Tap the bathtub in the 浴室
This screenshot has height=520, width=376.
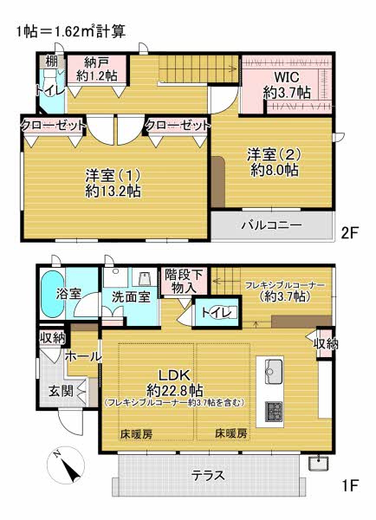click(52, 294)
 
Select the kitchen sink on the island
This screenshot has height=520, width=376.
click(274, 371)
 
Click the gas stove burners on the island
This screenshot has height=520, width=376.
click(274, 412)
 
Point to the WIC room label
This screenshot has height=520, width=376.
click(287, 77)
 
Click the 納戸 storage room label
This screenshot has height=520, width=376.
click(97, 62)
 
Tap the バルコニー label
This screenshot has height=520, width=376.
click(271, 225)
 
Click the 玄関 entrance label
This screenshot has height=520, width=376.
click(61, 391)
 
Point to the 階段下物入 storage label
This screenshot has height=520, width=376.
click(184, 281)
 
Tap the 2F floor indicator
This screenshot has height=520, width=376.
click(350, 233)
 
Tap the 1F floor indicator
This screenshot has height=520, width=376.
click(350, 486)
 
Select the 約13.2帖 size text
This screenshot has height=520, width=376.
click(113, 192)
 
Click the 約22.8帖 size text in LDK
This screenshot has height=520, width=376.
click(174, 391)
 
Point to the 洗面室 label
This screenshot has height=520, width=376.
click(132, 296)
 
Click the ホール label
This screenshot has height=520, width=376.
click(83, 357)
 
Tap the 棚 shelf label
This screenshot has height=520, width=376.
click(51, 61)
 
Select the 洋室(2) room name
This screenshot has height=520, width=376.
click(274, 154)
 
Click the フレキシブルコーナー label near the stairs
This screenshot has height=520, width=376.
click(285, 285)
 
